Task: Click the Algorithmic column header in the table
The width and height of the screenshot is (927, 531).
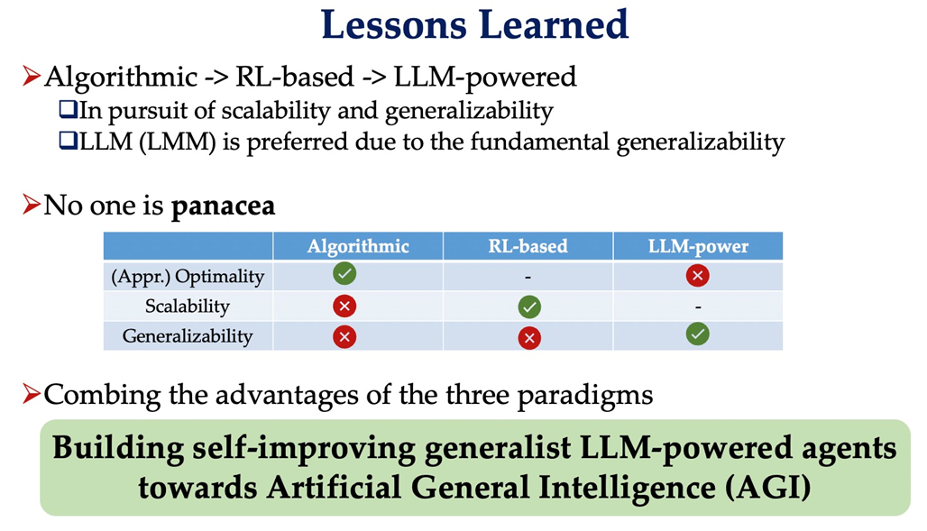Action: click(358, 246)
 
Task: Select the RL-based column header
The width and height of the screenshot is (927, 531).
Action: click(528, 246)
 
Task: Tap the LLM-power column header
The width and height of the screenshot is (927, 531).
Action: click(698, 246)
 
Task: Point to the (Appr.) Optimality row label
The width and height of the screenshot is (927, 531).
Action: click(188, 276)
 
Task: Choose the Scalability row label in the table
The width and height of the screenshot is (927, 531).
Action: click(188, 307)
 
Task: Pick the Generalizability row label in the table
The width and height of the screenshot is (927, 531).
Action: click(188, 336)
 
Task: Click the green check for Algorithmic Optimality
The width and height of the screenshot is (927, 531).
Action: click(344, 274)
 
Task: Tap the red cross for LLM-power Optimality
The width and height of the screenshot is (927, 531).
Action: click(698, 275)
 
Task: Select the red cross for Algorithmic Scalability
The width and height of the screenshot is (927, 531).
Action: click(344, 307)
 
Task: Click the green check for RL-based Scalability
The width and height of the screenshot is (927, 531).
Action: click(529, 307)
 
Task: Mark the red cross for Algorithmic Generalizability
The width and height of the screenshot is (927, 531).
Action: click(344, 337)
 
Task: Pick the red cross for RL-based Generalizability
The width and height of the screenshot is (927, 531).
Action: click(529, 338)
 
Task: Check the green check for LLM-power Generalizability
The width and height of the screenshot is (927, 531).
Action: click(698, 334)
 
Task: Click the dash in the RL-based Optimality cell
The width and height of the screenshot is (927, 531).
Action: click(528, 277)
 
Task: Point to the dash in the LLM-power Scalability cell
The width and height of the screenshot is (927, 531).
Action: click(698, 307)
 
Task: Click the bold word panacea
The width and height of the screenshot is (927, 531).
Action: click(223, 206)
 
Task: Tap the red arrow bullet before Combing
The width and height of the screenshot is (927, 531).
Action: click(32, 394)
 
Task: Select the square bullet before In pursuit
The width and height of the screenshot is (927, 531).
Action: click(68, 109)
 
